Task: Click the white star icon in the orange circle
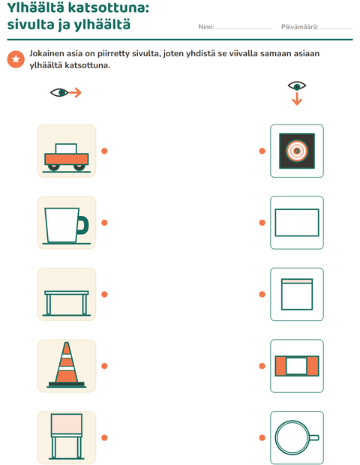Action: [16, 59]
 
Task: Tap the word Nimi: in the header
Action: [206, 27]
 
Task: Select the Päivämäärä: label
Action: [299, 27]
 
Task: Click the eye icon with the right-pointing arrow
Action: [66, 92]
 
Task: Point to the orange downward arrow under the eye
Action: [297, 99]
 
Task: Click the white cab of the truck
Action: [66, 148]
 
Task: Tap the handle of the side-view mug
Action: [82, 226]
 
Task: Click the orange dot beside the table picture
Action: [104, 294]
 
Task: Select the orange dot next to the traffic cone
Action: [104, 366]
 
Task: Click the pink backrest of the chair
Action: [67, 424]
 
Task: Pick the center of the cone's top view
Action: [297, 151]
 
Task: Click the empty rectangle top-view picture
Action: [297, 223]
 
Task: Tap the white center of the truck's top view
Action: [296, 366]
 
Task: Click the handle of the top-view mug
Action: [314, 437]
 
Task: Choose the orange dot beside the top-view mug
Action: [262, 438]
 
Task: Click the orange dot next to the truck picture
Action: [104, 151]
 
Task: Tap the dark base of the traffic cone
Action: [67, 385]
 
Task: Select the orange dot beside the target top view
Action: [262, 151]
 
